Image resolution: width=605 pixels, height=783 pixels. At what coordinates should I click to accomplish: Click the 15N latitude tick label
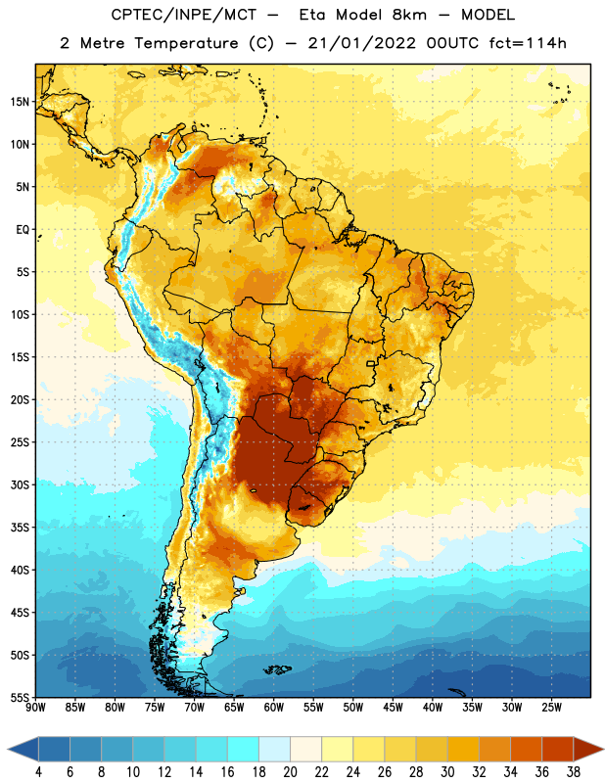click(20, 102)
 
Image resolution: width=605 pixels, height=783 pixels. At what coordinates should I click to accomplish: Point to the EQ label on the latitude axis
click(23, 230)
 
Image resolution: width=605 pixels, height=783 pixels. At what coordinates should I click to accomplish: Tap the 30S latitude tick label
click(20, 484)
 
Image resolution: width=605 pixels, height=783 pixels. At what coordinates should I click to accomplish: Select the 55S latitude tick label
click(20, 698)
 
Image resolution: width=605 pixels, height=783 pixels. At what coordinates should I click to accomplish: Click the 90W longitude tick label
click(35, 708)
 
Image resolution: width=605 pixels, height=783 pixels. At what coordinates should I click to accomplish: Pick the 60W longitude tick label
click(274, 708)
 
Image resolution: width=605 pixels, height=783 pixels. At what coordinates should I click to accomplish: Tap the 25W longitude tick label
click(551, 708)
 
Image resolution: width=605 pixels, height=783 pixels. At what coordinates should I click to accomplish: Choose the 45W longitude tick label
click(393, 708)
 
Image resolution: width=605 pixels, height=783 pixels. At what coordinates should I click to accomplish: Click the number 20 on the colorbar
click(290, 772)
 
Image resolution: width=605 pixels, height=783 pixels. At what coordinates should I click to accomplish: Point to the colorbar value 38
click(574, 772)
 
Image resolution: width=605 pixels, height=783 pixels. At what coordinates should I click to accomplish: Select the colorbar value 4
click(38, 772)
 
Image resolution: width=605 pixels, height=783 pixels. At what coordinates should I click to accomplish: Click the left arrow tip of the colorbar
click(8, 749)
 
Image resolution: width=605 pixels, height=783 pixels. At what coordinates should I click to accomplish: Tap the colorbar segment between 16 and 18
click(243, 749)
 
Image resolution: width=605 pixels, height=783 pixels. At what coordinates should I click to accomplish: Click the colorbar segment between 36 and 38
click(558, 749)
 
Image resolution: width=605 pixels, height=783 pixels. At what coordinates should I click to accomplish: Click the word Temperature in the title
click(186, 43)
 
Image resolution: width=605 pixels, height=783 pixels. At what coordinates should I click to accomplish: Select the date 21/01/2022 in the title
click(361, 43)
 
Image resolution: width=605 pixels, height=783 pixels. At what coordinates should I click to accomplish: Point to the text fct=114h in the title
click(528, 43)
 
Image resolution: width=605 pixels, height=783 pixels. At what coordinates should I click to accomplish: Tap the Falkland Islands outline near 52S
click(278, 669)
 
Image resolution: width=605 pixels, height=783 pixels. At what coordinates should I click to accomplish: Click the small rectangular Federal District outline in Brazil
click(370, 363)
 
